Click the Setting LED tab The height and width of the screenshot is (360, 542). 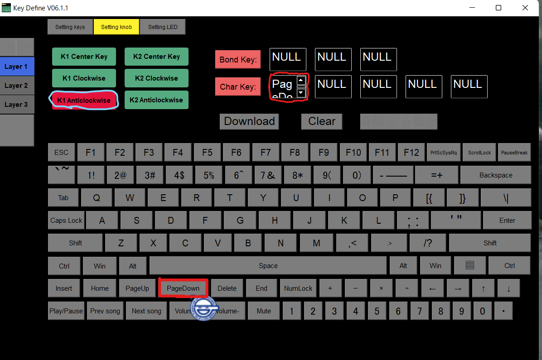163,27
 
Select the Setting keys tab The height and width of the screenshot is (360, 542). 70,27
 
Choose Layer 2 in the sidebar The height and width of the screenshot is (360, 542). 16,86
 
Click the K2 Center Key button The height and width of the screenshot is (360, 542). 156,57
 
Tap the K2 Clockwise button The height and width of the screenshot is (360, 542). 156,78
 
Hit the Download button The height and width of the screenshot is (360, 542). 249,121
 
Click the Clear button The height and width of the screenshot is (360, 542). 322,121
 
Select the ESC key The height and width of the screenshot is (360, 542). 62,153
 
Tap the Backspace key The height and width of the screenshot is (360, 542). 496,175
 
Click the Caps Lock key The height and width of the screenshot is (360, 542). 66,221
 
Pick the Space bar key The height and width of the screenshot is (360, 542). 268,266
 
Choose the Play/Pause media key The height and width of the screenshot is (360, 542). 66,311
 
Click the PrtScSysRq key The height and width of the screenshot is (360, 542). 444,153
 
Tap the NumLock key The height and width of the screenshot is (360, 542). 298,288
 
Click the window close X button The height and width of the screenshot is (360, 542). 525,8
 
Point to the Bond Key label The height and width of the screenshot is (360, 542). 238,60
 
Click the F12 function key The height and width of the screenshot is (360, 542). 411,153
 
